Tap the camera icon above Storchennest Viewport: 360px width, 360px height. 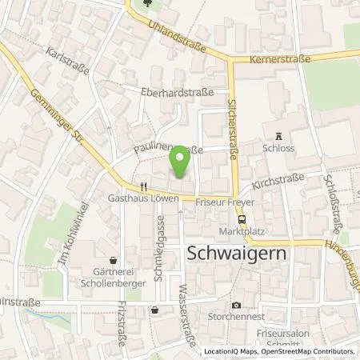pos(236,305)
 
